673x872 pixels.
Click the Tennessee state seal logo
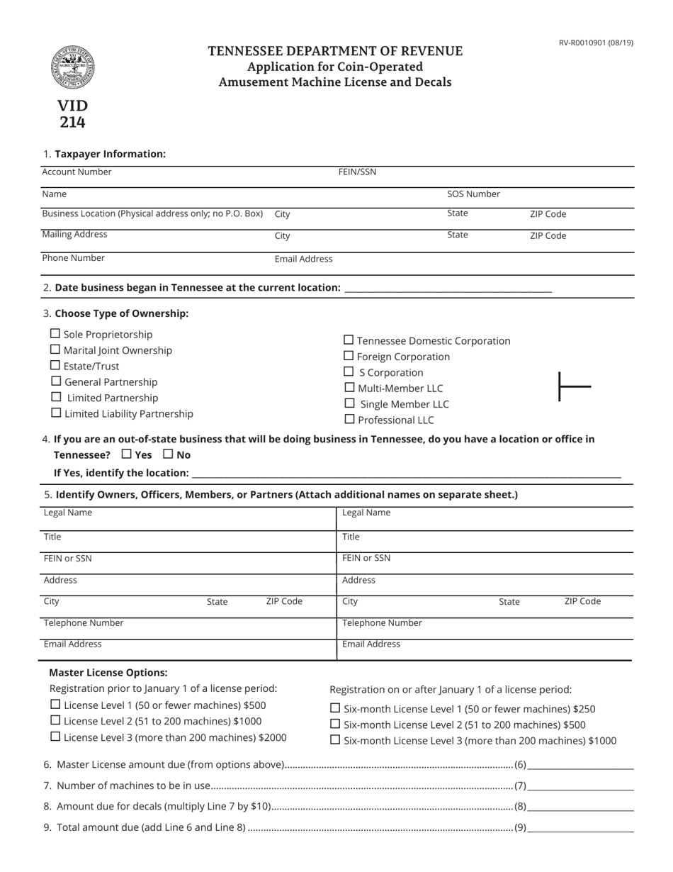tap(72, 67)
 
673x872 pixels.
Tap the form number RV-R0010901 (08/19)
tap(596, 43)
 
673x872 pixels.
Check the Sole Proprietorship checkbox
tap(55, 333)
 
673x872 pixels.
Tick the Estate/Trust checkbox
tap(55, 365)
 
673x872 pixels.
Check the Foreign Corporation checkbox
tap(349, 356)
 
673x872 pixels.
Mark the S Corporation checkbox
tap(349, 371)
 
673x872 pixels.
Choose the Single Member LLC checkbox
tap(349, 403)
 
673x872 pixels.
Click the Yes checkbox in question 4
tap(126, 454)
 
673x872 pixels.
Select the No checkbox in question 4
tap(168, 454)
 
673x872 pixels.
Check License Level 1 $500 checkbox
tap(55, 705)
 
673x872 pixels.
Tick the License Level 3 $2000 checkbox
tap(55, 737)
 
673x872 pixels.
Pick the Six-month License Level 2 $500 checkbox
tap(335, 724)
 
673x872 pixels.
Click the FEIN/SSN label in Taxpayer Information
tap(357, 172)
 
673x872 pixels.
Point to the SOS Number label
tap(473, 194)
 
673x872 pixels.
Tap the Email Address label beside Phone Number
tap(303, 259)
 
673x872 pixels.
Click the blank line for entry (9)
tap(580, 827)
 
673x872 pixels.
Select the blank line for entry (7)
tap(580, 786)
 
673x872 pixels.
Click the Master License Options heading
tap(108, 673)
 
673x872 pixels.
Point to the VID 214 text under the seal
tap(72, 113)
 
